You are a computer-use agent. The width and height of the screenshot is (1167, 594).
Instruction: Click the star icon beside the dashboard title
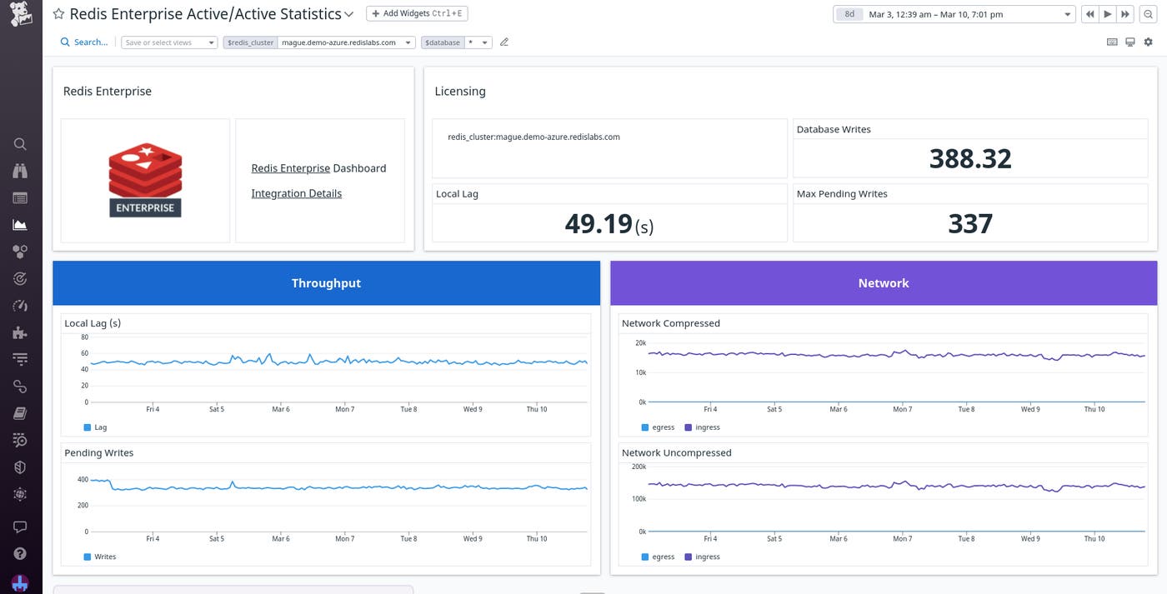coord(58,14)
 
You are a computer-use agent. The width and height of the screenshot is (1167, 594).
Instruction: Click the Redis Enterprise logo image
coord(145,180)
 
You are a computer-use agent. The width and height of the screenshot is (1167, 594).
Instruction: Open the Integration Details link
coord(296,193)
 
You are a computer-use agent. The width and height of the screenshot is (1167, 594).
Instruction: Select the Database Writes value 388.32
coord(970,158)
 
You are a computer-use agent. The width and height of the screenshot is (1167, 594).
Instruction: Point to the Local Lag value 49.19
coord(599,223)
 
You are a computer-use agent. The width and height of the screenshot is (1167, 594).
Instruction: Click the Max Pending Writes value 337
coord(970,223)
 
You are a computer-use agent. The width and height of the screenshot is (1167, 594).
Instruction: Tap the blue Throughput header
coord(326,283)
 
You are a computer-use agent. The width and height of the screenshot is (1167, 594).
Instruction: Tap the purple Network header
coord(884,283)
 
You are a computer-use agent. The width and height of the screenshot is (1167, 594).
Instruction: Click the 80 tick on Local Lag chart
coord(84,337)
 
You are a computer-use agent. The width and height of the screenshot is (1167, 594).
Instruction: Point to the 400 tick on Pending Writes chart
coord(83,480)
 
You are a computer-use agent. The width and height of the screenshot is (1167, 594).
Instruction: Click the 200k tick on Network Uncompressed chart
coord(639,467)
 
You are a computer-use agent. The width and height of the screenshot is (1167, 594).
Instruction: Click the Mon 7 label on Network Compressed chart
coord(902,409)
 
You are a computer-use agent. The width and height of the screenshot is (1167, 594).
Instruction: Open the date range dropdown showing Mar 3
coord(954,14)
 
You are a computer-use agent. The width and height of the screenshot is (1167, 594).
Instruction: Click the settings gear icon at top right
coord(1148,42)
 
